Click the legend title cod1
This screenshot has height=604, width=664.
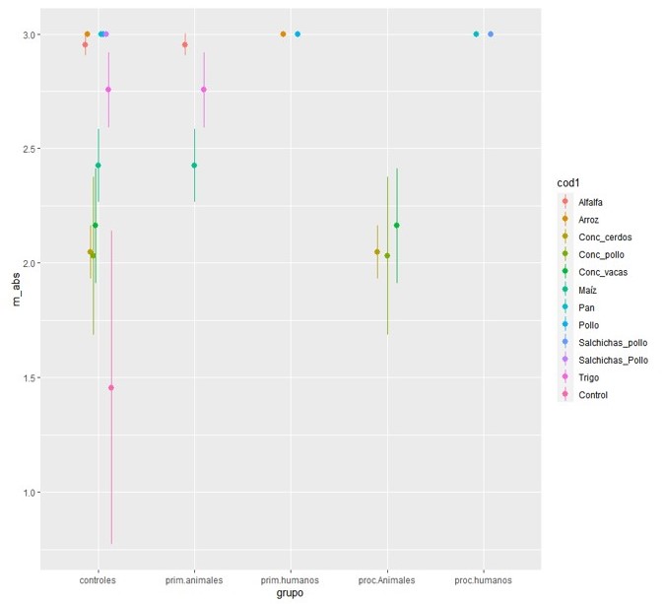coord(567,181)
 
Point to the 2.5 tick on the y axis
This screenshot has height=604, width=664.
coord(27,149)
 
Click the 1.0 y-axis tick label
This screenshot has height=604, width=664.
coord(27,493)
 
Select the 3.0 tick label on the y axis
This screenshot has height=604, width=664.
coord(27,34)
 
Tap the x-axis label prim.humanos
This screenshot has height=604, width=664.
coord(291,580)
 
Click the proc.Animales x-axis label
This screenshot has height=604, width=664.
coord(387,580)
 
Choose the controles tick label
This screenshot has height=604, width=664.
coord(98,580)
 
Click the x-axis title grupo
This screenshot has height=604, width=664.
coord(290,594)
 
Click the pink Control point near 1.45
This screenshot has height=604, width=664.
coord(111,387)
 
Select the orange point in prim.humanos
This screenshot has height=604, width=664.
coord(283,34)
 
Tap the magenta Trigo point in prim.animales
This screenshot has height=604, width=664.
coord(204,90)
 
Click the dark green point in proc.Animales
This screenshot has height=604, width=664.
coord(396,226)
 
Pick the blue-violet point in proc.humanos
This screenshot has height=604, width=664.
coord(491,34)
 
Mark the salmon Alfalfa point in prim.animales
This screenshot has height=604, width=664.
coord(185,44)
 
